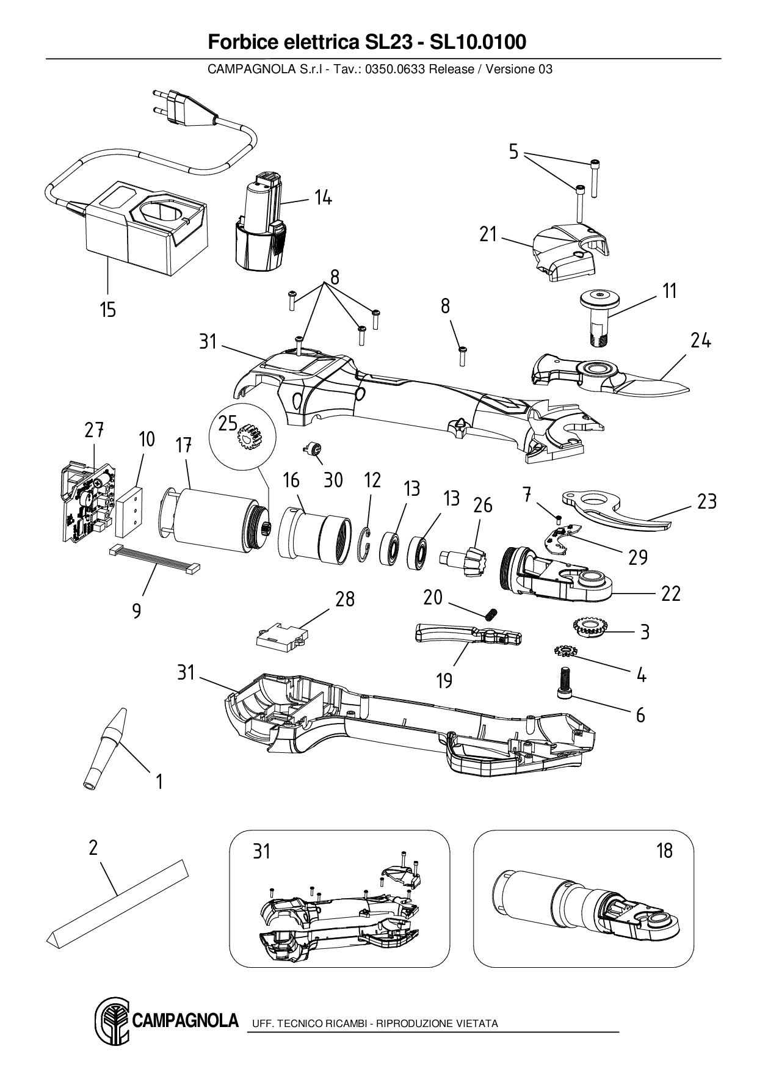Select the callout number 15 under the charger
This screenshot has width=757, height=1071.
[x=107, y=310]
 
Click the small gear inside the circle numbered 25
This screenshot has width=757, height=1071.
[x=249, y=438]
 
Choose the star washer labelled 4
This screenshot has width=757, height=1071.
[x=565, y=651]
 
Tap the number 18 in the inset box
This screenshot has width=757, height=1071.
[x=664, y=851]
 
